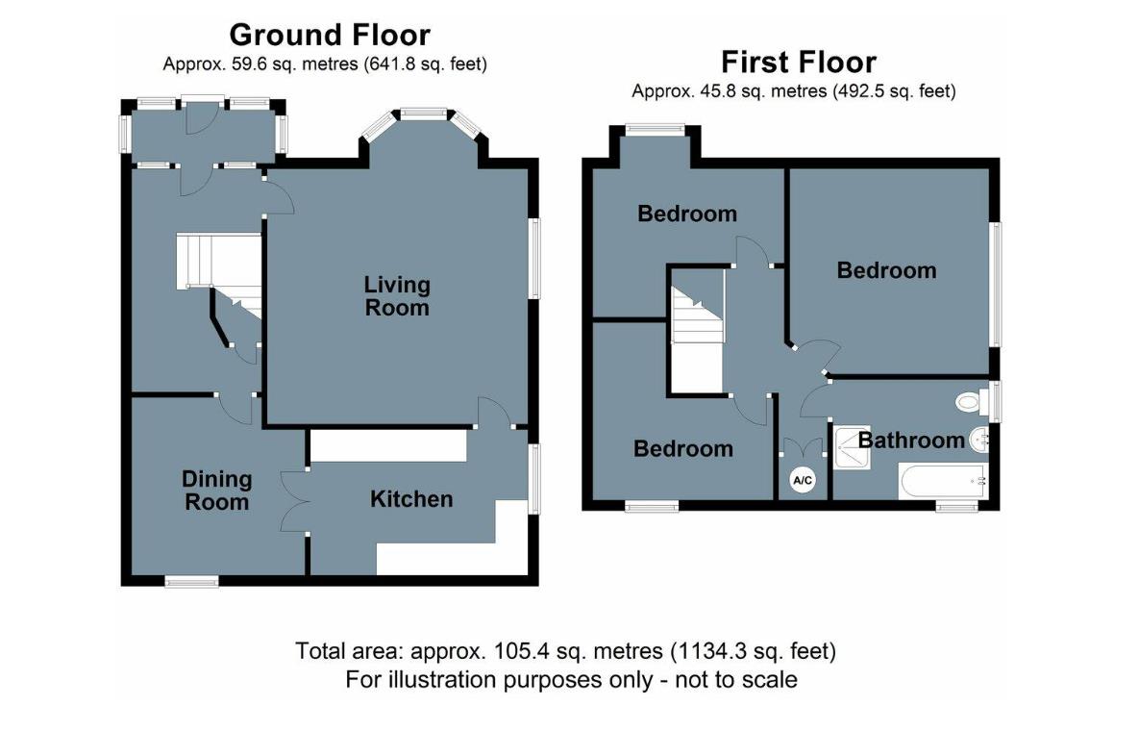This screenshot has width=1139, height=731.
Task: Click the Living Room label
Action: pyautogui.click(x=397, y=295)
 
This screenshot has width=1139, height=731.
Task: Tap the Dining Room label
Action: pyautogui.click(x=216, y=491)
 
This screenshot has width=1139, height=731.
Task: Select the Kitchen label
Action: pyautogui.click(x=411, y=499)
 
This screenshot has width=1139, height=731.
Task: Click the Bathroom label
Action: pyautogui.click(x=911, y=440)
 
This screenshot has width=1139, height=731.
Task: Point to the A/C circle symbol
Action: pyautogui.click(x=803, y=480)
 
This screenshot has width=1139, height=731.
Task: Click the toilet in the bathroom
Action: pyautogui.click(x=974, y=401)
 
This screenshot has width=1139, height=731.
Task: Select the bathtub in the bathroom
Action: pyautogui.click(x=943, y=480)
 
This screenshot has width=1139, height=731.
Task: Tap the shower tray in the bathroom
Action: pyautogui.click(x=852, y=447)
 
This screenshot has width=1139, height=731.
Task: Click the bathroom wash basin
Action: pyautogui.click(x=979, y=439)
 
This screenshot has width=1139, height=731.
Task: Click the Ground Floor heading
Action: pyautogui.click(x=330, y=35)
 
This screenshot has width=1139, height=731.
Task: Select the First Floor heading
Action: pyautogui.click(x=799, y=63)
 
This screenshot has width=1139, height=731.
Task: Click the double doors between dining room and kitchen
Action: pyautogui.click(x=294, y=502)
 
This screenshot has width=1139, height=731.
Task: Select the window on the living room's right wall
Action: pyautogui.click(x=534, y=259)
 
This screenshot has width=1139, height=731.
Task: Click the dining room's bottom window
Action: pyautogui.click(x=192, y=581)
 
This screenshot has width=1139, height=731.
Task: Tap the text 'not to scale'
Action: pyautogui.click(x=736, y=680)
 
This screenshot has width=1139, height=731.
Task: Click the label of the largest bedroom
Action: pyautogui.click(x=886, y=270)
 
